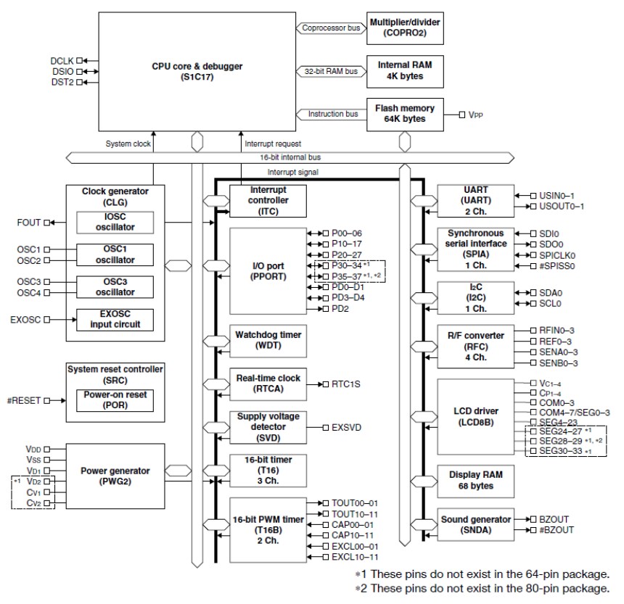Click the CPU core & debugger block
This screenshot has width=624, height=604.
pyautogui.click(x=194, y=70)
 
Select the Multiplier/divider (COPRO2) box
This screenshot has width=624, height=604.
pyautogui.click(x=404, y=28)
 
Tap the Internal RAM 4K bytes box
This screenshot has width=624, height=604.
pyautogui.click(x=404, y=70)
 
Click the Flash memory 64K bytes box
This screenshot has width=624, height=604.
pyautogui.click(x=404, y=114)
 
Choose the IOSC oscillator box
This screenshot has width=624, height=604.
pyautogui.click(x=116, y=222)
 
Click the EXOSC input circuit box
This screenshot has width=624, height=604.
pyautogui.click(x=116, y=319)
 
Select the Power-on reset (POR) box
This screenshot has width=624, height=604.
pyautogui.click(x=116, y=400)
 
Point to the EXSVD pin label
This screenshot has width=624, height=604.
pyautogui.click(x=347, y=428)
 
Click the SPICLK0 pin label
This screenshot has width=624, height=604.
pyautogui.click(x=556, y=255)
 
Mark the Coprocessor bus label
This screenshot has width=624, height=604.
pyautogui.click(x=331, y=28)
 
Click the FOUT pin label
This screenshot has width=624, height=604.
pyautogui.click(x=30, y=222)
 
